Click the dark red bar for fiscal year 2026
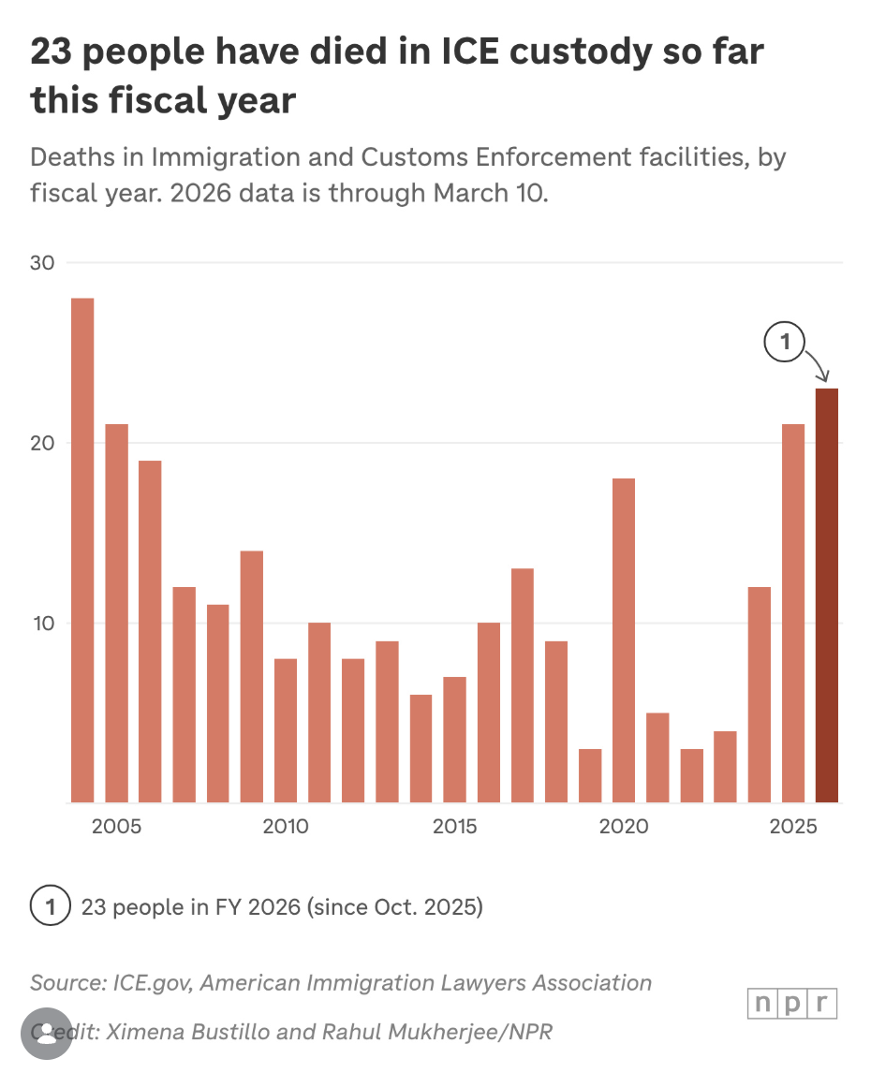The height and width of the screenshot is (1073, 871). point(826,595)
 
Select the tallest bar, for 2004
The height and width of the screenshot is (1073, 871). point(82,551)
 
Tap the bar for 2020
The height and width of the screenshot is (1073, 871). point(624,640)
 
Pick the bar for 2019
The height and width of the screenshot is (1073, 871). point(590,775)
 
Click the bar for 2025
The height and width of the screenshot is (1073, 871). point(792,613)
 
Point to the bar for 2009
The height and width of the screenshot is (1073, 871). point(252,676)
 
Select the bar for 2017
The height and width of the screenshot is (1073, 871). point(523,685)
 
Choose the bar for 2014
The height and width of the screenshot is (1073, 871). point(421,748)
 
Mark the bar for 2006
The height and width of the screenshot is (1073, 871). point(150,632)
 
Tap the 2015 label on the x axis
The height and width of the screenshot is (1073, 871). point(454,828)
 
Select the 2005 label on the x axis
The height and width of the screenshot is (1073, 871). point(117,828)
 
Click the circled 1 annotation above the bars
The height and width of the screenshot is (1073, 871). point(785,344)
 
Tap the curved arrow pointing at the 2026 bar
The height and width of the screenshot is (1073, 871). point(818,366)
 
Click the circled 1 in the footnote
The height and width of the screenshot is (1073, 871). point(51,906)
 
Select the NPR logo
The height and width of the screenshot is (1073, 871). point(792,1004)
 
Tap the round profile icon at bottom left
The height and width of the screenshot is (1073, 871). point(46,1033)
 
